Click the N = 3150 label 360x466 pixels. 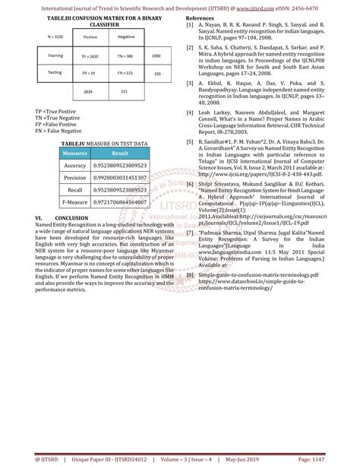point(54,36)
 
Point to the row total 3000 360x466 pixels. point(156,56)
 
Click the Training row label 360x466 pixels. point(55,55)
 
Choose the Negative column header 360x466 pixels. point(127,36)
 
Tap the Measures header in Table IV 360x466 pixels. point(75,153)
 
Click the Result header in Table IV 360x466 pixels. point(120,153)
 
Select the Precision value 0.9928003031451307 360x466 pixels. point(120,177)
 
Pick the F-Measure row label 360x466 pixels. point(75,202)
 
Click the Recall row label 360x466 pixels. point(75,189)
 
